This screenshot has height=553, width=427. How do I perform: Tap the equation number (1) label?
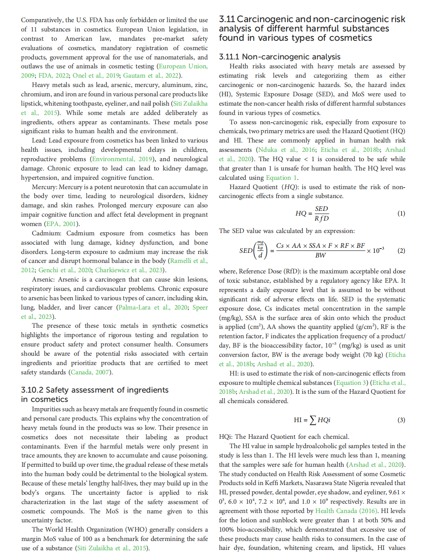(x=401, y=213)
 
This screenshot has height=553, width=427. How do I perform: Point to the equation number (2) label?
(x=401, y=250)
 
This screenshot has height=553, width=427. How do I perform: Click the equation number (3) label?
(x=401, y=420)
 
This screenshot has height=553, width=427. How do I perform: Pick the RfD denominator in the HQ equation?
(x=321, y=218)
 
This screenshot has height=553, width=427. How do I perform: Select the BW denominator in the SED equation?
(x=320, y=255)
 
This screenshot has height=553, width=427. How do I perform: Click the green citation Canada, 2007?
(x=90, y=372)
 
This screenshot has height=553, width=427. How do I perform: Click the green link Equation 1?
(x=281, y=177)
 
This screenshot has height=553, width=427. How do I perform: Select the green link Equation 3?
(x=351, y=383)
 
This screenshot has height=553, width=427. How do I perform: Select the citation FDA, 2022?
(x=54, y=75)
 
